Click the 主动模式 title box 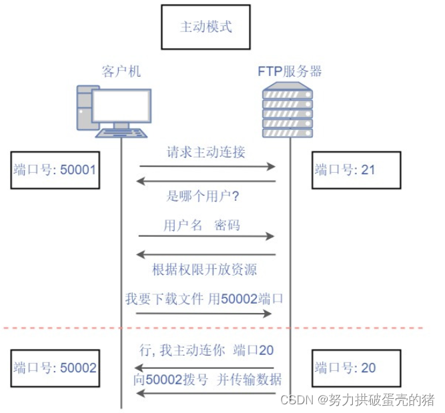coord(206,27)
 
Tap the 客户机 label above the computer coord(121,71)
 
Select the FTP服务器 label coord(290,71)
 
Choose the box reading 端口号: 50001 coord(55,170)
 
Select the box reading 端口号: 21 coord(357,170)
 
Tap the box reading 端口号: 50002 coord(55,368)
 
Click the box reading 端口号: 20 coord(357,368)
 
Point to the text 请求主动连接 coord(205,151)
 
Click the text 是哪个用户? coord(203,197)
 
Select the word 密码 coord(227,226)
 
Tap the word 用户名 coord(183,226)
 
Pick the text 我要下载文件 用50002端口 coord(204,299)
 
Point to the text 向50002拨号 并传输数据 coord(207,380)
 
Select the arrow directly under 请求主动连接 coord(207,166)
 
